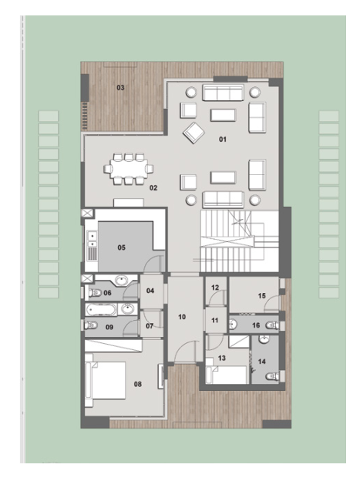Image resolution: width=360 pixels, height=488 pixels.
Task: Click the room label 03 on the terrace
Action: (x=120, y=88)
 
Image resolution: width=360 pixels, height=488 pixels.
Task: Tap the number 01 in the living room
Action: (x=223, y=140)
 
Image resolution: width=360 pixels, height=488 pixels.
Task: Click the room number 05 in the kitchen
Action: (x=121, y=247)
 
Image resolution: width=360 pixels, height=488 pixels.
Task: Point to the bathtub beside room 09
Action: (x=101, y=310)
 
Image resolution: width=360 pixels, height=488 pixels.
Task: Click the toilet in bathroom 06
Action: (x=95, y=292)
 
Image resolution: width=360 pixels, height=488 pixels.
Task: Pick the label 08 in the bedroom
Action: (x=137, y=385)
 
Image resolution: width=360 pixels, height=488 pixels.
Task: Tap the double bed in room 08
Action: (x=105, y=380)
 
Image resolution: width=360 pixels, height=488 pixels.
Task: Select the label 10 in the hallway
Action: (x=182, y=317)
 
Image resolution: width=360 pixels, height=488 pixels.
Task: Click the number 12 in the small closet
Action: (x=215, y=288)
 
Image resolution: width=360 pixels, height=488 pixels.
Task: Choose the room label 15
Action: (x=261, y=296)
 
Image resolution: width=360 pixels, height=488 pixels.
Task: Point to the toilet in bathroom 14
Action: (x=272, y=376)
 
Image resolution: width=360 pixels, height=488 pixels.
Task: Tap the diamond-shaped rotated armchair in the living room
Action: (x=193, y=133)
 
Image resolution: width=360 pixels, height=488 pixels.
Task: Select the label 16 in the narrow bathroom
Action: (x=256, y=325)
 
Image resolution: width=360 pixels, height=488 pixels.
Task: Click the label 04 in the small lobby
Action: (x=150, y=291)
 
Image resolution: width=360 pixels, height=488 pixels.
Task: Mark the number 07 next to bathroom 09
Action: (x=150, y=326)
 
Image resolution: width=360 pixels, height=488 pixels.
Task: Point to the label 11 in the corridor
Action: (x=215, y=320)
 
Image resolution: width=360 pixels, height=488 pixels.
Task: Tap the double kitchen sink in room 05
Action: (x=92, y=240)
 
